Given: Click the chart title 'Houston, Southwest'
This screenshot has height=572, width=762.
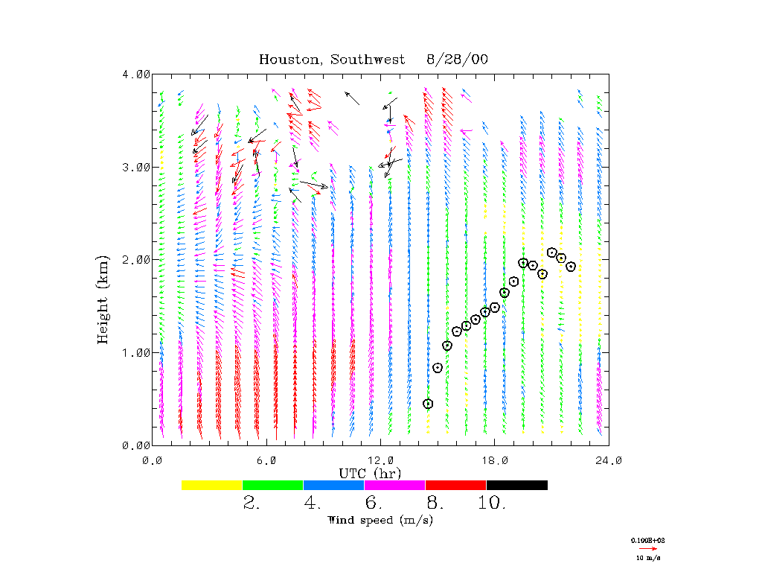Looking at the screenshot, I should click(332, 60).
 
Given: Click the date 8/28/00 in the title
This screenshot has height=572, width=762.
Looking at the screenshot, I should click(457, 60).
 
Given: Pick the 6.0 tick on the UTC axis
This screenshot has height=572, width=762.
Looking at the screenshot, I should click(266, 460).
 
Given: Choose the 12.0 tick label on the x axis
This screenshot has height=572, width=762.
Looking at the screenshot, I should click(381, 460).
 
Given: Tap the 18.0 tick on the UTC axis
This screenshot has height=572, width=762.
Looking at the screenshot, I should click(495, 460).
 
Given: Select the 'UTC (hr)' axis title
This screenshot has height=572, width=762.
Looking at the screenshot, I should click(370, 473).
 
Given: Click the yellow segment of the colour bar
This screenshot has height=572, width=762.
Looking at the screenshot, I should click(212, 485).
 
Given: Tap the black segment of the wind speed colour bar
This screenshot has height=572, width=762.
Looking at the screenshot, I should click(516, 485).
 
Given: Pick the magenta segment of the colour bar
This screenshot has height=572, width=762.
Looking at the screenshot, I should click(394, 485).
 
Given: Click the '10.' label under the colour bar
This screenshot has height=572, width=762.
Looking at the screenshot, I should click(493, 503).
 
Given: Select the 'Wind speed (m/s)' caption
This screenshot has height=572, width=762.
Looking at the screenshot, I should click(380, 520).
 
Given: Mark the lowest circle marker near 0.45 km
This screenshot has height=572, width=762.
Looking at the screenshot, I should click(428, 404).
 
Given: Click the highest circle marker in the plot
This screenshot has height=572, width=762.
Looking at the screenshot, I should click(552, 252).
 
